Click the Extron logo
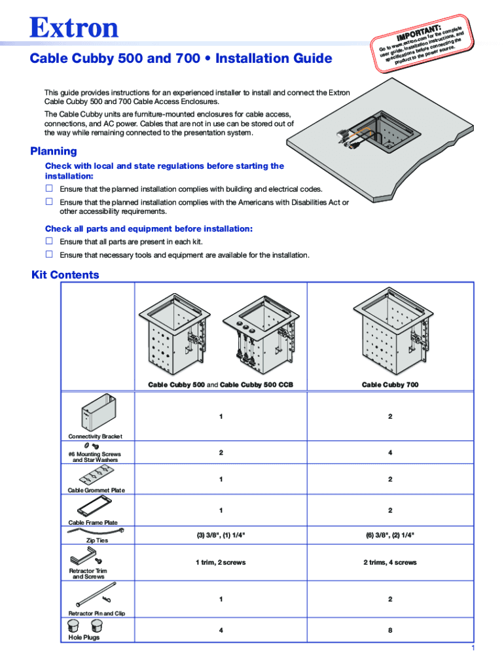click(74, 28)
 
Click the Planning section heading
click(54, 152)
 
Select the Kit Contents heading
click(65, 275)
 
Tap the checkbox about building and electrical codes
click(48, 188)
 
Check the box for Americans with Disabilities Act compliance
click(48, 202)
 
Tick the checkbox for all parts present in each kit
click(48, 241)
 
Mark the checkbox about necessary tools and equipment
click(48, 255)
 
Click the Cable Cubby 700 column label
click(390, 385)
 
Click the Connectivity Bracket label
click(96, 436)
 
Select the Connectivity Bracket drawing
click(98, 412)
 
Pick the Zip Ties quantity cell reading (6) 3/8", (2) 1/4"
click(390, 535)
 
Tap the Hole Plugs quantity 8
click(390, 631)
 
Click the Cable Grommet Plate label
click(97, 490)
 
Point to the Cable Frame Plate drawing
click(96, 507)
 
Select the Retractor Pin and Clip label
click(97, 613)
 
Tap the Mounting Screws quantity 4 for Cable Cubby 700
click(390, 452)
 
